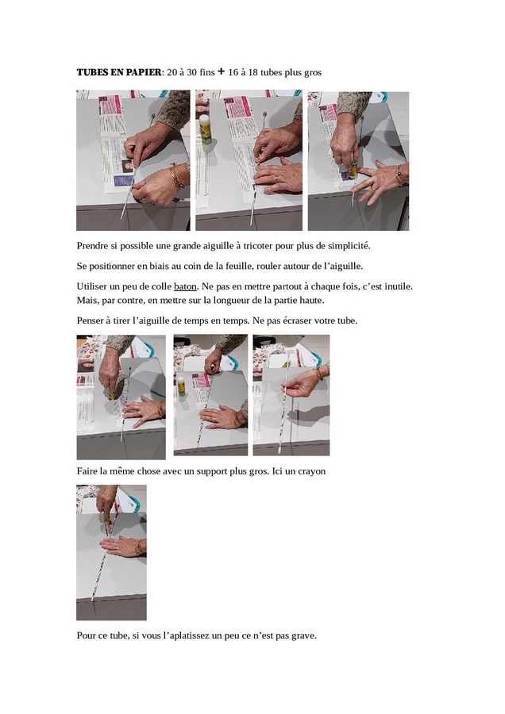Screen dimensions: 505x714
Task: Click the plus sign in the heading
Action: [x=221, y=71]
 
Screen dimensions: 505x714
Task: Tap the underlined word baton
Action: [x=185, y=286]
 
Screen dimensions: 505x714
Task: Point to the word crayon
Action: [x=312, y=471]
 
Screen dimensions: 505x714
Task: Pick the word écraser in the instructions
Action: [x=297, y=321]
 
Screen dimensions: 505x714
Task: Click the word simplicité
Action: [x=349, y=246]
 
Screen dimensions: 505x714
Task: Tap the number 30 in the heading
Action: [x=191, y=72]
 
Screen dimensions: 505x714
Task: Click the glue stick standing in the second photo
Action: [x=206, y=129]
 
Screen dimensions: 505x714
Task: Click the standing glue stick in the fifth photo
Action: [x=181, y=386]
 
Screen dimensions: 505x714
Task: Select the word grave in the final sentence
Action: [x=303, y=635]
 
